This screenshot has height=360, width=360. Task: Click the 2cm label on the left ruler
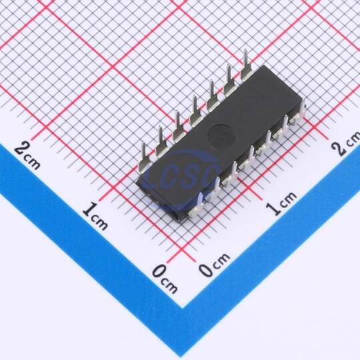[x=27, y=155]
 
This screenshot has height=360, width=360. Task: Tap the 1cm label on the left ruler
[x=95, y=215]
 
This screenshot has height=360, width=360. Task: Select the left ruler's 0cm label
[x=165, y=279]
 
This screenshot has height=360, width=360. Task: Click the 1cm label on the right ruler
[x=281, y=203]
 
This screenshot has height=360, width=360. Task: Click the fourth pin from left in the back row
[x=195, y=111]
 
